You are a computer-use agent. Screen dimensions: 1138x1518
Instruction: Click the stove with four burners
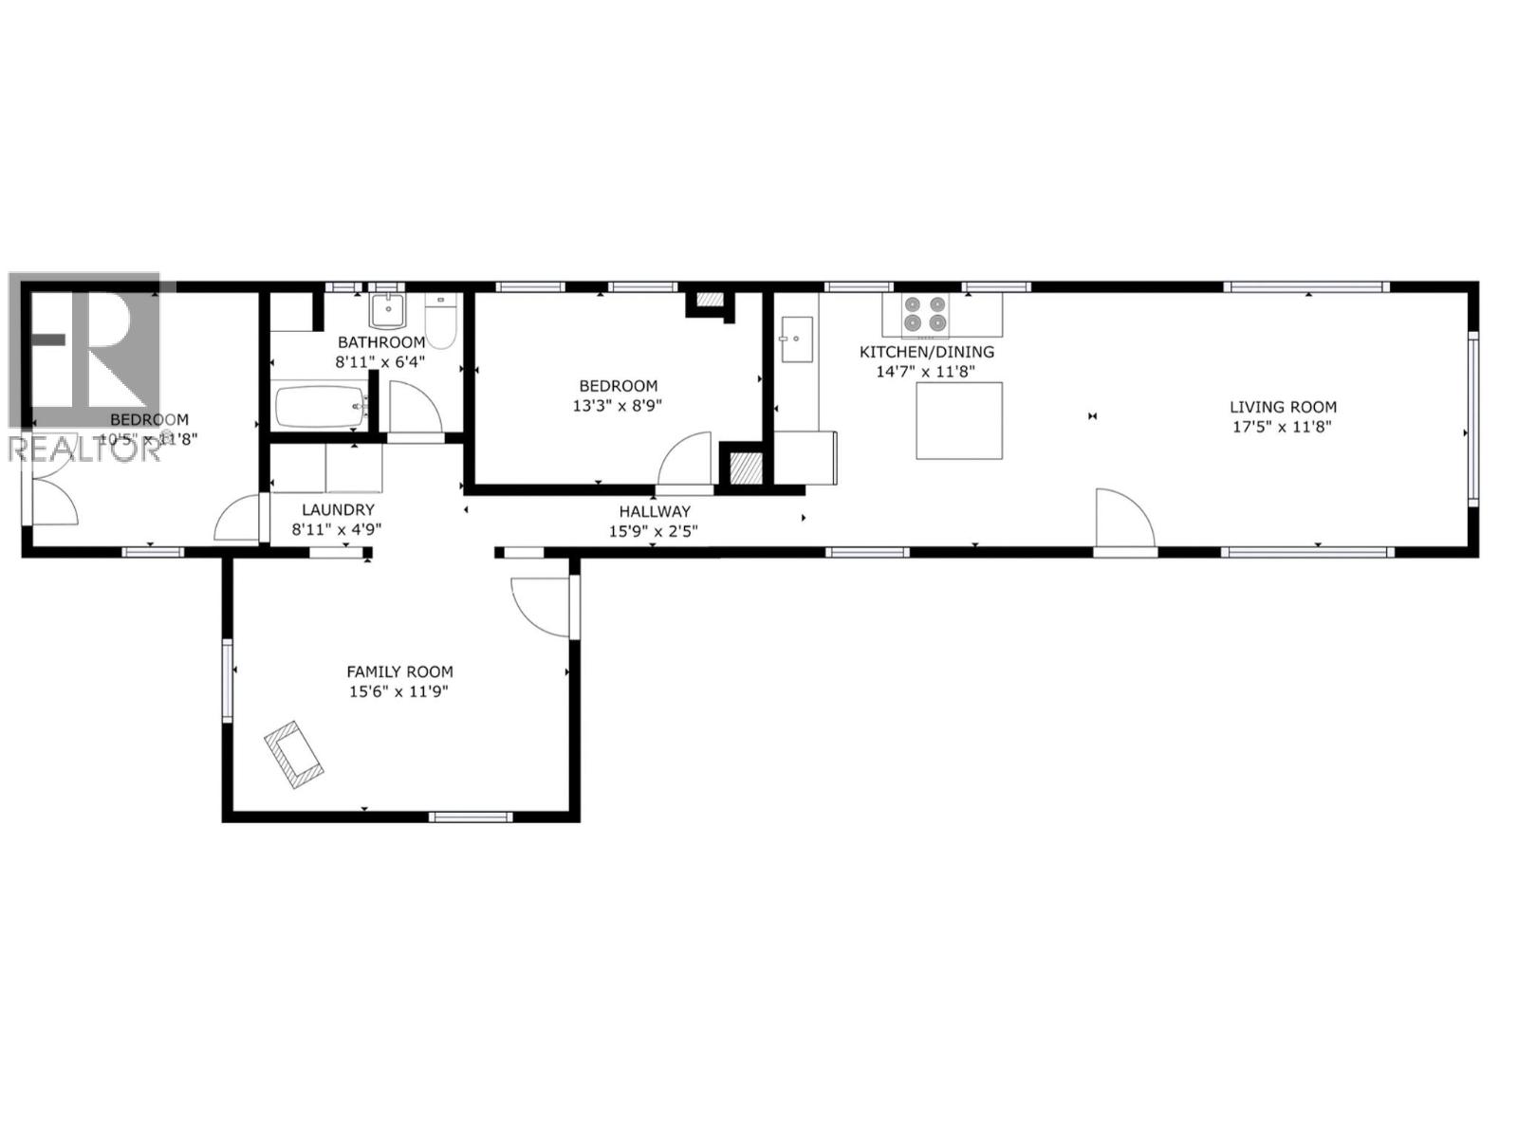(925, 314)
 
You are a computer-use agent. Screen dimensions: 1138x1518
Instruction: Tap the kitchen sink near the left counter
(796, 340)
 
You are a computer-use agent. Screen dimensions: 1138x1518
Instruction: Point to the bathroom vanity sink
(387, 310)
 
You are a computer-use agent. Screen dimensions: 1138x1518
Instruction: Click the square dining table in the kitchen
(959, 420)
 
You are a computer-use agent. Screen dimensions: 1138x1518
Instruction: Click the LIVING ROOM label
(1283, 407)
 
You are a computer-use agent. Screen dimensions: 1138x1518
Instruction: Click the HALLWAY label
(655, 511)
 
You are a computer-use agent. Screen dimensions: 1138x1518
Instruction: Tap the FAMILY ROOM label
(398, 671)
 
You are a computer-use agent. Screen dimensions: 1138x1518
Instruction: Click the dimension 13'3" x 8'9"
(619, 405)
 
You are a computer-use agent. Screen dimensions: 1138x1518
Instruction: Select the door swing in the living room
(1123, 520)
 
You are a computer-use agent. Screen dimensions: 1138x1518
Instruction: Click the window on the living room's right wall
(1473, 417)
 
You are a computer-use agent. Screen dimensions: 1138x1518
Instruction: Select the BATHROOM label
(380, 342)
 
